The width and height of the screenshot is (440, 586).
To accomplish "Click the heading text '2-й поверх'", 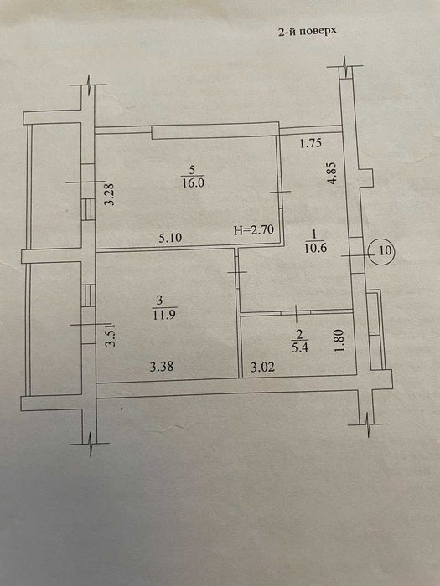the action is click(x=307, y=31).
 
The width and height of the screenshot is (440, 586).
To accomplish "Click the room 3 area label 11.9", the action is click(x=164, y=314).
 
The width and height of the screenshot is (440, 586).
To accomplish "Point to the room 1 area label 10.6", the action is click(x=315, y=248).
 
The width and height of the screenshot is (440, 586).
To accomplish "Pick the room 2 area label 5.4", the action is click(x=300, y=347).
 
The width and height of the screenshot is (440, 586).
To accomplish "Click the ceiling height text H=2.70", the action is click(x=255, y=229).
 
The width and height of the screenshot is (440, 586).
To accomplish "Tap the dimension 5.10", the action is click(x=170, y=237).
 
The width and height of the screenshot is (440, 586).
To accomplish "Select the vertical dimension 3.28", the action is click(x=110, y=193).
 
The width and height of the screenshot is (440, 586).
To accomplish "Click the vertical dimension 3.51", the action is click(x=111, y=335).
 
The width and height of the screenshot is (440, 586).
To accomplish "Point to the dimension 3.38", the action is click(x=162, y=367).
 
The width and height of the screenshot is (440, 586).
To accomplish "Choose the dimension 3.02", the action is click(x=262, y=367).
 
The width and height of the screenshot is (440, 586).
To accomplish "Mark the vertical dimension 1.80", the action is click(x=339, y=340).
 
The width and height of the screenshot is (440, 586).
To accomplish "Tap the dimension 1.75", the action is click(x=311, y=143).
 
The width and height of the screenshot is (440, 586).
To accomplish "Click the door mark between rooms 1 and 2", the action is click(x=296, y=313).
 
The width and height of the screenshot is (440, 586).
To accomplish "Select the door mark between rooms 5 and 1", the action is click(x=280, y=192).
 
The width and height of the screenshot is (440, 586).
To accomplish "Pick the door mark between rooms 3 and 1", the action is click(x=237, y=272).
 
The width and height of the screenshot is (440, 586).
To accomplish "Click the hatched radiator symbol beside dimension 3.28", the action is click(x=88, y=209).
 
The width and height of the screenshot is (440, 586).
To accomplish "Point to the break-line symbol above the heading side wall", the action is click(x=345, y=66).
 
